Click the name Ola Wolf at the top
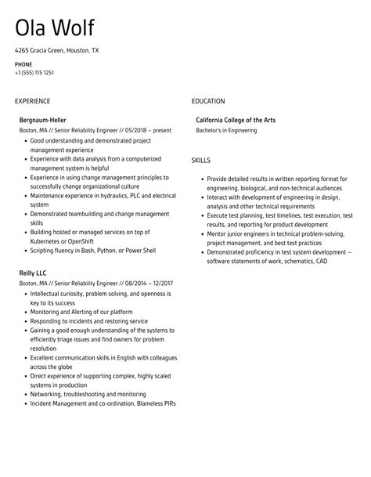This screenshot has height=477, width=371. click(x=54, y=28)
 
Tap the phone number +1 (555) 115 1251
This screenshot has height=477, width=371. click(x=34, y=73)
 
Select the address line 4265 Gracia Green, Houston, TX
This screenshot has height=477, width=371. click(x=56, y=50)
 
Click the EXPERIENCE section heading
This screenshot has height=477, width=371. click(x=32, y=101)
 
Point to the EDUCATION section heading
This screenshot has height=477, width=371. click(x=208, y=101)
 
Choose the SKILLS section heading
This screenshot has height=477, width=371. click(x=201, y=161)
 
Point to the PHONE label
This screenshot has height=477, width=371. click(x=23, y=63)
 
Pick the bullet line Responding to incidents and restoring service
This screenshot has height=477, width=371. click(x=88, y=321)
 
